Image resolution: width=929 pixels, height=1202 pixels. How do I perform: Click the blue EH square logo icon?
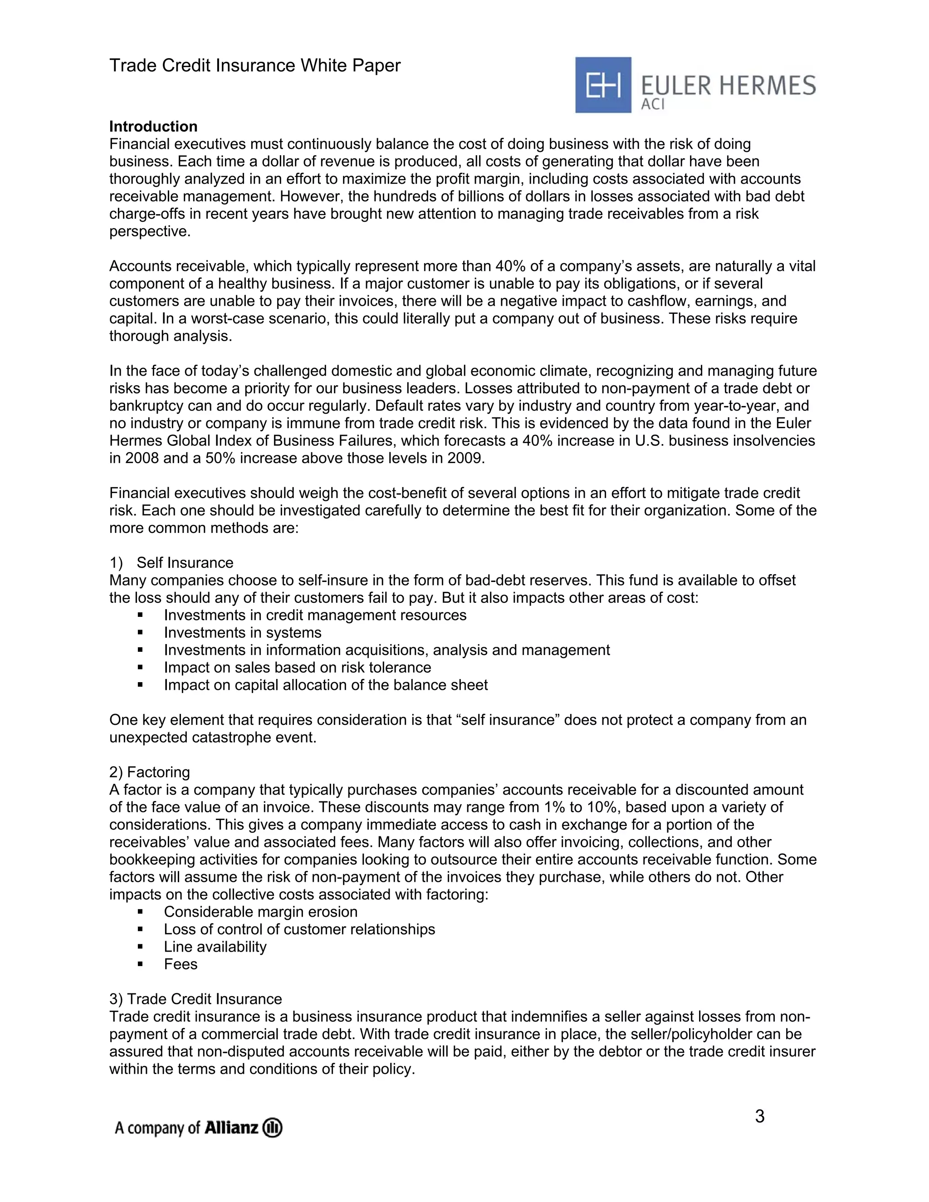coord(603,85)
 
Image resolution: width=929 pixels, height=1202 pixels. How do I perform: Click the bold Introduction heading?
coord(153,127)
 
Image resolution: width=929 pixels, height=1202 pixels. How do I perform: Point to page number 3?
coord(759,1117)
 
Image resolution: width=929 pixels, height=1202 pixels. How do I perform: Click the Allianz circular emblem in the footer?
coord(273,1128)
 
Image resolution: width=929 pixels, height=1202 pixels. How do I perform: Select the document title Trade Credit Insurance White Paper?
coord(255,65)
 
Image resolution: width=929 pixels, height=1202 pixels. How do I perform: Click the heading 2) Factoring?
coord(150,772)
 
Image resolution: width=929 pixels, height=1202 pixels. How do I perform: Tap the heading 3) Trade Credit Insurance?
coord(196,999)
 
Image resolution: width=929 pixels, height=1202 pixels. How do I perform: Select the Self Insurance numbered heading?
coord(184,562)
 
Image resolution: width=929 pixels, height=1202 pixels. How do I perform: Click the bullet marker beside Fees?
coord(140,964)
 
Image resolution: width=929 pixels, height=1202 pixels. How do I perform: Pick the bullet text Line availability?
coord(215,947)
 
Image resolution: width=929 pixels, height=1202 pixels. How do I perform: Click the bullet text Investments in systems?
coord(242,632)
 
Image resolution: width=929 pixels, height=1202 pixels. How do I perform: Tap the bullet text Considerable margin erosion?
coord(260,912)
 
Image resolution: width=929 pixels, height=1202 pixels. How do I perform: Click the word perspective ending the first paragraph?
coord(149,231)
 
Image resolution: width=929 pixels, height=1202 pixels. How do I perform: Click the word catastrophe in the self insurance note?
coord(240,738)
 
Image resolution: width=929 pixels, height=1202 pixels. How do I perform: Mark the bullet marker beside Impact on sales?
coord(140,668)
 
